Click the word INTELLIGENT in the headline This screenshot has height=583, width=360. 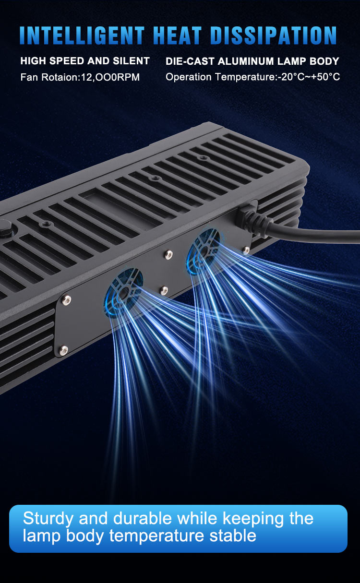82,36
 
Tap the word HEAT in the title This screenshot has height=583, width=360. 177,36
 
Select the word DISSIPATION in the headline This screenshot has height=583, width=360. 274,36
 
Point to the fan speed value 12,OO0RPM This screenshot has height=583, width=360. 110,77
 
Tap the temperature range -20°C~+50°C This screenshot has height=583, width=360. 309,77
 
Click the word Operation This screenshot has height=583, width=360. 189,77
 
